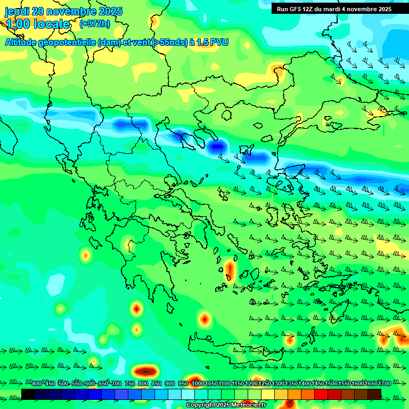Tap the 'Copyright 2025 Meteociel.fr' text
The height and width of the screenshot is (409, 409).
226,405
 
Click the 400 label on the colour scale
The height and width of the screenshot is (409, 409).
37,383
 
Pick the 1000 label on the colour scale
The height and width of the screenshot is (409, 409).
198,383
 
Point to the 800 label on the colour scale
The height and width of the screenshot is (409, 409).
143,383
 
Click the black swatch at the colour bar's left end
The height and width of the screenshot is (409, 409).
28,394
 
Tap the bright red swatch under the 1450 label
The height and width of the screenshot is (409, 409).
321,394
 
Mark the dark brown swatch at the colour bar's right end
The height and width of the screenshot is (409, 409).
374,394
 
